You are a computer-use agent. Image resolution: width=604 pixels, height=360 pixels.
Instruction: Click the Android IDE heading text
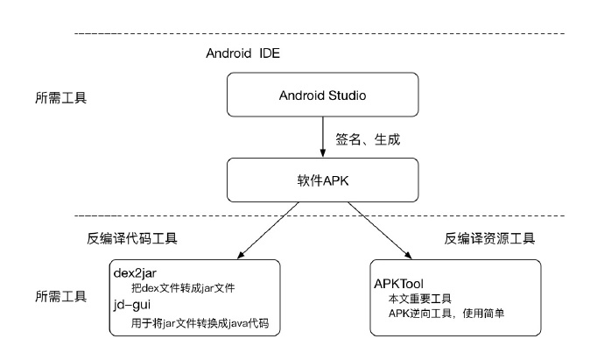pyautogui.click(x=242, y=53)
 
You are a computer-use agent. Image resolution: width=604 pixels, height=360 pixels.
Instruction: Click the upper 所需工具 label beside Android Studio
pyautogui.click(x=59, y=95)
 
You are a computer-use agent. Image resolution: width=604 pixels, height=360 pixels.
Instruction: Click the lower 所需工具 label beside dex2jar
pyautogui.click(x=59, y=296)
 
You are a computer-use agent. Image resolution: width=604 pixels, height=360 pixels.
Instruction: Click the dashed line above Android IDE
pyautogui.click(x=320, y=33)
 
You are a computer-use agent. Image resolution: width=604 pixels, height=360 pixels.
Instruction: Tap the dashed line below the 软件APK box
pyautogui.click(x=320, y=215)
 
